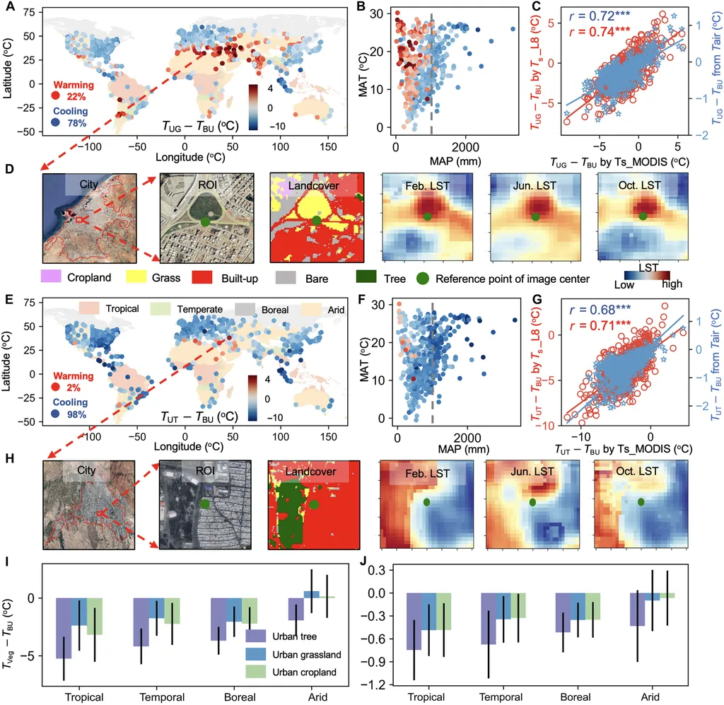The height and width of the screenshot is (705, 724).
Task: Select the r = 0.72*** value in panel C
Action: point(583,15)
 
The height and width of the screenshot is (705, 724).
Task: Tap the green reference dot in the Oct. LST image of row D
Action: point(642,216)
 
